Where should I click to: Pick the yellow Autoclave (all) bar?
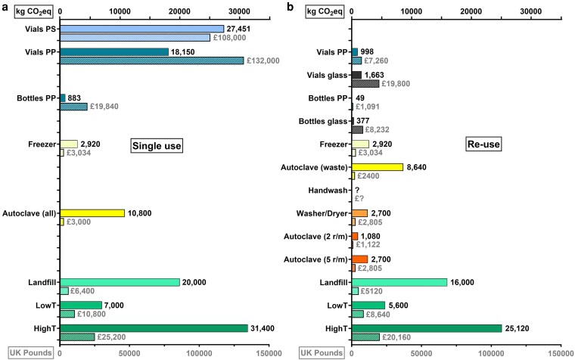pos(92,213)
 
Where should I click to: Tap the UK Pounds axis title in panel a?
pos(30,353)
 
